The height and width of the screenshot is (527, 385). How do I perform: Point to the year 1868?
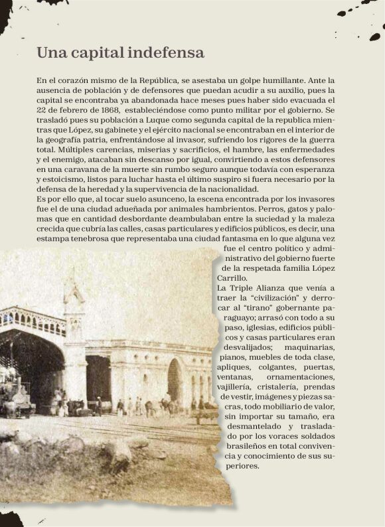click(x=108, y=109)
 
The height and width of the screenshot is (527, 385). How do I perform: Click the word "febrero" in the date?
click(x=69, y=109)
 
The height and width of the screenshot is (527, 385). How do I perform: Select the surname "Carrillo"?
click(x=232, y=278)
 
